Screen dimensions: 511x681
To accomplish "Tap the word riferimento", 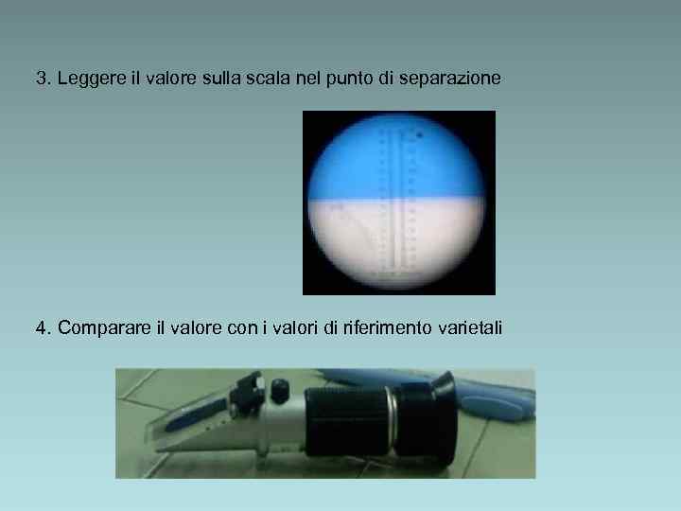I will (389, 328).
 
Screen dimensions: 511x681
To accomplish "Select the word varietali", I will (471, 328).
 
